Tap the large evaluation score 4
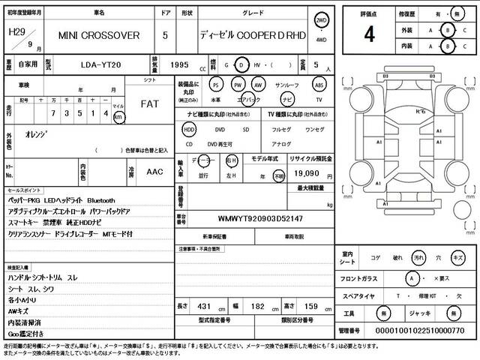coord(369,34)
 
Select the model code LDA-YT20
coord(100,66)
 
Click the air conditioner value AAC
coord(154,172)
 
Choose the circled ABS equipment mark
coord(319,85)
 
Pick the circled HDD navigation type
coord(189,129)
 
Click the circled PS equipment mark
coord(216,85)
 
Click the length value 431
coord(204,307)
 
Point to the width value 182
coord(256,307)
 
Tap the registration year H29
coord(15,32)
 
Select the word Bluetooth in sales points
coord(101,201)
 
